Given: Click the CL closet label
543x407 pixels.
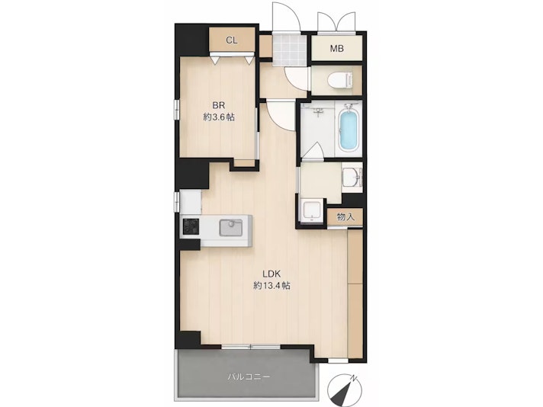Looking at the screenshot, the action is click(232, 40).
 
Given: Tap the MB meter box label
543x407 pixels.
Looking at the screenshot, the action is click(336, 49).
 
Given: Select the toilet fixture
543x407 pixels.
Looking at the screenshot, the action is click(340, 81).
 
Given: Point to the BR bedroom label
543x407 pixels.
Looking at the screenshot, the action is click(219, 105).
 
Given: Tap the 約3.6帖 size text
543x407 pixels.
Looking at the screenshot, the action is click(219, 117).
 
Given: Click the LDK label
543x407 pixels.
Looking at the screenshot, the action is click(271, 274).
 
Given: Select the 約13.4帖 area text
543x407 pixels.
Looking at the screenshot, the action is click(271, 286).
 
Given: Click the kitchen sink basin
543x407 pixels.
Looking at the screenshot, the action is click(230, 228).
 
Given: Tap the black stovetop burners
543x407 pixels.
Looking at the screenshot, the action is click(191, 226).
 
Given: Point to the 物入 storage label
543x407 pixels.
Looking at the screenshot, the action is click(345, 217).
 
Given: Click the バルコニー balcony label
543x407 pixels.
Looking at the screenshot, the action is click(249, 377).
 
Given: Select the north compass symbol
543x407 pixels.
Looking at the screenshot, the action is click(345, 391).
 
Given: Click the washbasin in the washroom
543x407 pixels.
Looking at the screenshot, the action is click(352, 177).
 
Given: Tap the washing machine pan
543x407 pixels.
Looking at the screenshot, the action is click(312, 210).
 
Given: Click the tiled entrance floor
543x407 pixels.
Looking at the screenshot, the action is click(289, 50).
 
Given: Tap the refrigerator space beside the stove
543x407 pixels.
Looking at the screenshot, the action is click(191, 202).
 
